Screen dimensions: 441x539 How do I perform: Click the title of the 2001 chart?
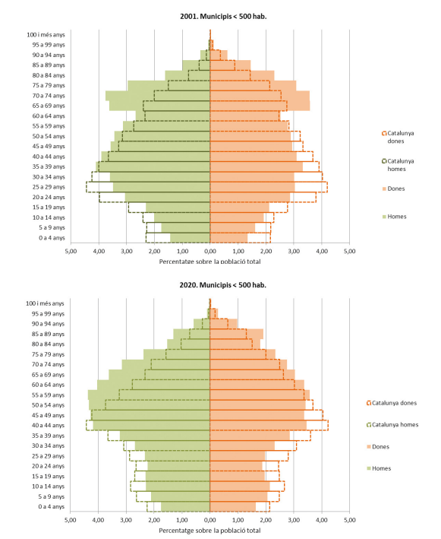coord(223,16)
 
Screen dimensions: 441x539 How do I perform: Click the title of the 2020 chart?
coord(222,285)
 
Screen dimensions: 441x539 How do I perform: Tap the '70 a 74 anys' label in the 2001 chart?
coord(49,96)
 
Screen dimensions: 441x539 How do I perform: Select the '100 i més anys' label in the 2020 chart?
coord(45,303)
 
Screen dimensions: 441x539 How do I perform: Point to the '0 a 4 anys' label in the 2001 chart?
coord(52,238)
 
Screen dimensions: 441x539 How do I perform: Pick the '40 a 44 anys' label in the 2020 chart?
coord(48,426)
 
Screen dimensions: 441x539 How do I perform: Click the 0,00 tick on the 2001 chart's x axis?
coord(210,252)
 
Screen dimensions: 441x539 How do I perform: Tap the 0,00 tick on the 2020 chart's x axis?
coord(209,520)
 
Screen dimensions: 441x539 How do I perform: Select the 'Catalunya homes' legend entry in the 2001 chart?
coord(398,165)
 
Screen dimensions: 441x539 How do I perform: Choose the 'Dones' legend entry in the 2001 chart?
coord(394,189)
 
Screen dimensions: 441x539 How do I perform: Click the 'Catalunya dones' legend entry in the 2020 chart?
coord(392,403)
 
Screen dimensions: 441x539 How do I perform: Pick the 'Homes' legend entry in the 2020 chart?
coord(379,468)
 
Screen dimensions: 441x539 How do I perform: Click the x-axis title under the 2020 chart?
coord(209,531)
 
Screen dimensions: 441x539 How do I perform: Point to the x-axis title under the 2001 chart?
coord(209,262)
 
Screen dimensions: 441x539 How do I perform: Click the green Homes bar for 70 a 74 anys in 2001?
coord(158,96)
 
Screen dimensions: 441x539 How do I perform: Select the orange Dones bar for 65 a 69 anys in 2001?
coord(260,106)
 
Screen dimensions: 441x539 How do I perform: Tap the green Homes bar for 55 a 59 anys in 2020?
coord(149,395)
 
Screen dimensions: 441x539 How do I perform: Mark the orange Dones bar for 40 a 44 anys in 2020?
coord(258,426)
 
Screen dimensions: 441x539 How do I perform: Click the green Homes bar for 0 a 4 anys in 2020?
coord(185,506)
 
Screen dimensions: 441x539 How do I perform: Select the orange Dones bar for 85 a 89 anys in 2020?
coord(237,334)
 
